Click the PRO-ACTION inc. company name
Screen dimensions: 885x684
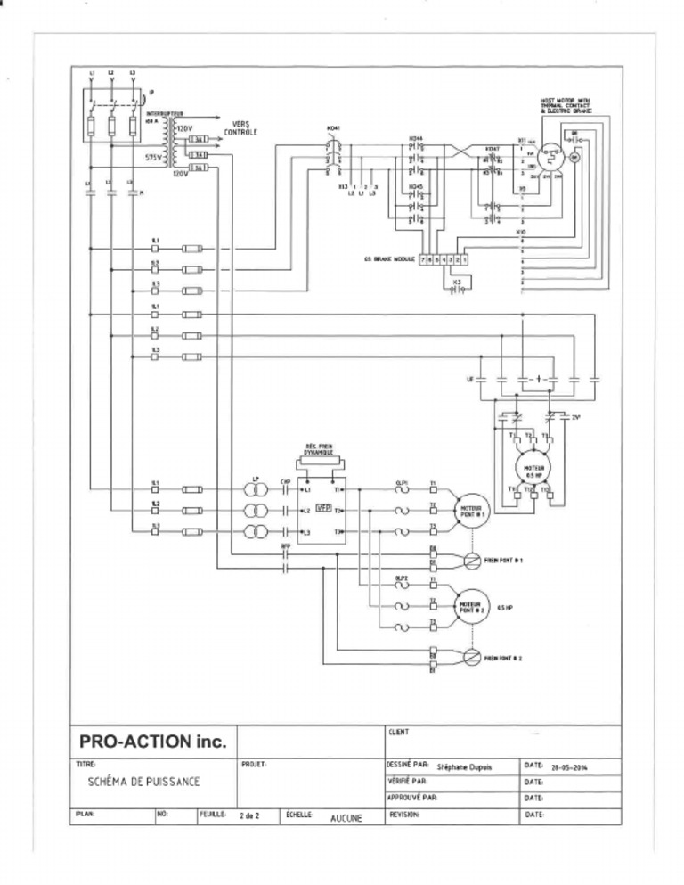153,741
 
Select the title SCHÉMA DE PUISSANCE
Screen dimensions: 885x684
144,782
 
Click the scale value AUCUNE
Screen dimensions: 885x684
346,817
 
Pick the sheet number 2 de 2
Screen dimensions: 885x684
250,815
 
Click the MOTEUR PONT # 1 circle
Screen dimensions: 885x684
469,512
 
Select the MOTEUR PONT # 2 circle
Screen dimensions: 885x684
469,608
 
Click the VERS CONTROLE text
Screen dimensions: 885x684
244,128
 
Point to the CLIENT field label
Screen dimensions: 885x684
398,733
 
